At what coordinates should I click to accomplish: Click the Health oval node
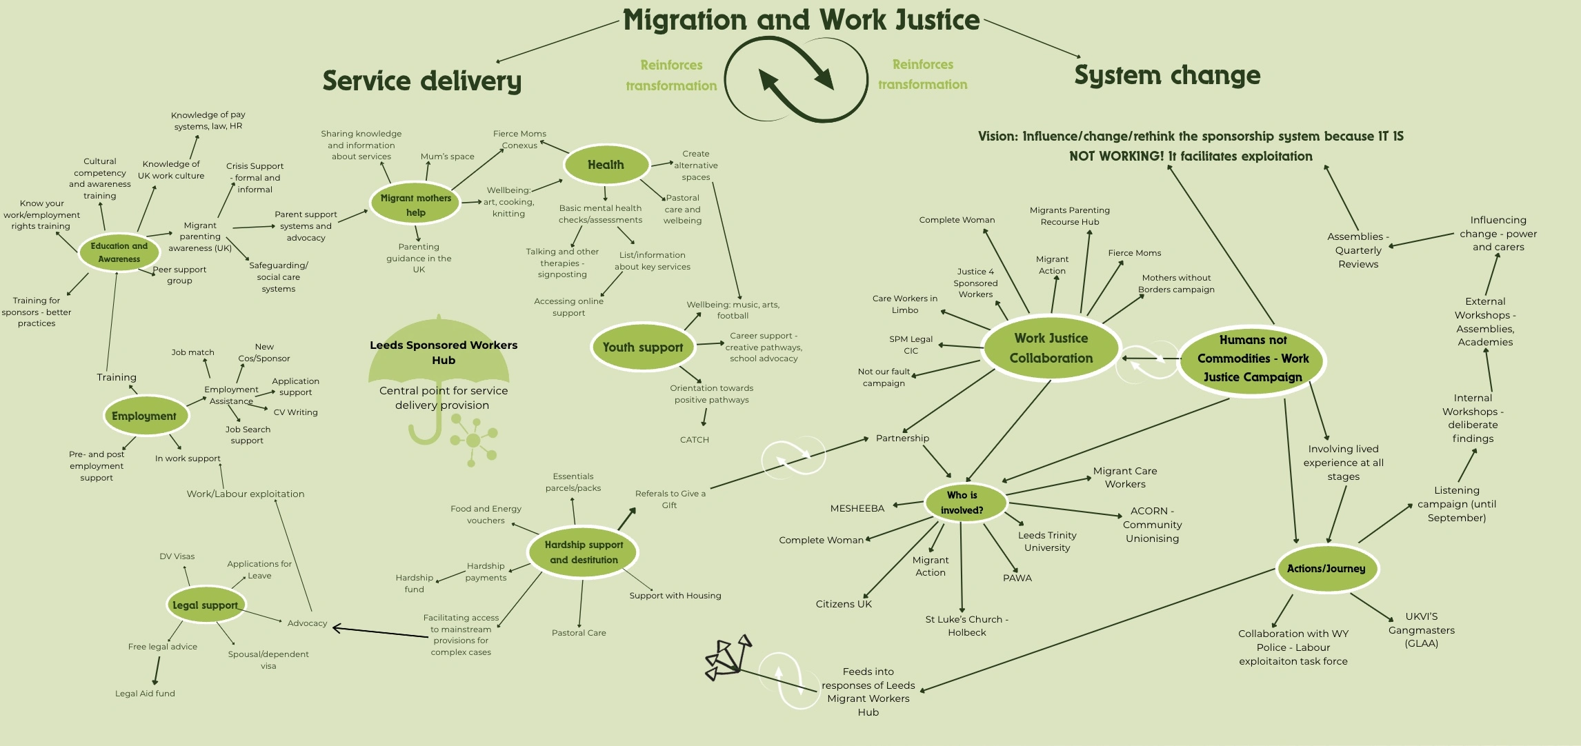coord(606,165)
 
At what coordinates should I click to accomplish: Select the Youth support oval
coord(643,347)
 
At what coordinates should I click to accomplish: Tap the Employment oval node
coord(145,416)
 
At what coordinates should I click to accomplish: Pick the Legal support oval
coord(205,605)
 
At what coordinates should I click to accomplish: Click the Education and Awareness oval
coord(119,252)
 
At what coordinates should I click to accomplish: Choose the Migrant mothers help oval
coord(415,205)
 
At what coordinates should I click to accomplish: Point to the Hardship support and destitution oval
coord(584,552)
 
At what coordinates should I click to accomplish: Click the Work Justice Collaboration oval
coord(1051,348)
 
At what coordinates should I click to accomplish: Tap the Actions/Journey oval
coord(1326,569)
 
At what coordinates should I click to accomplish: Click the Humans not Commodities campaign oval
coord(1253,359)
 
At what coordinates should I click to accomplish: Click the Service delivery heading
coord(422,81)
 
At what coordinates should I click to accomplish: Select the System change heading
coord(1167,74)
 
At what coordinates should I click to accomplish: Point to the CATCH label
coord(694,440)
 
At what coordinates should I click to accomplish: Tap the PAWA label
coord(1017,578)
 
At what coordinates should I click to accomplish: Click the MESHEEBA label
coord(857,508)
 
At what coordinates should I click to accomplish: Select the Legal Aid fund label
coord(145,694)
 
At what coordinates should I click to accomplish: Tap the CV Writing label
coord(295,412)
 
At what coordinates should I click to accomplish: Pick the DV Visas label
coord(177,556)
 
